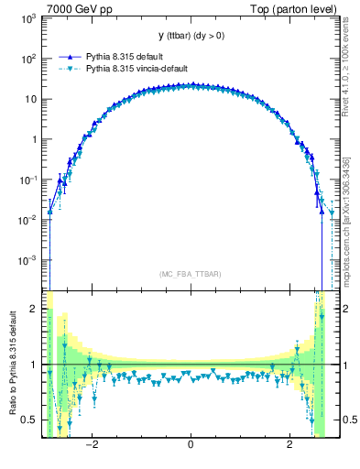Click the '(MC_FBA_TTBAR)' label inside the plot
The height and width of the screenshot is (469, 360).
pyautogui.click(x=190, y=274)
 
